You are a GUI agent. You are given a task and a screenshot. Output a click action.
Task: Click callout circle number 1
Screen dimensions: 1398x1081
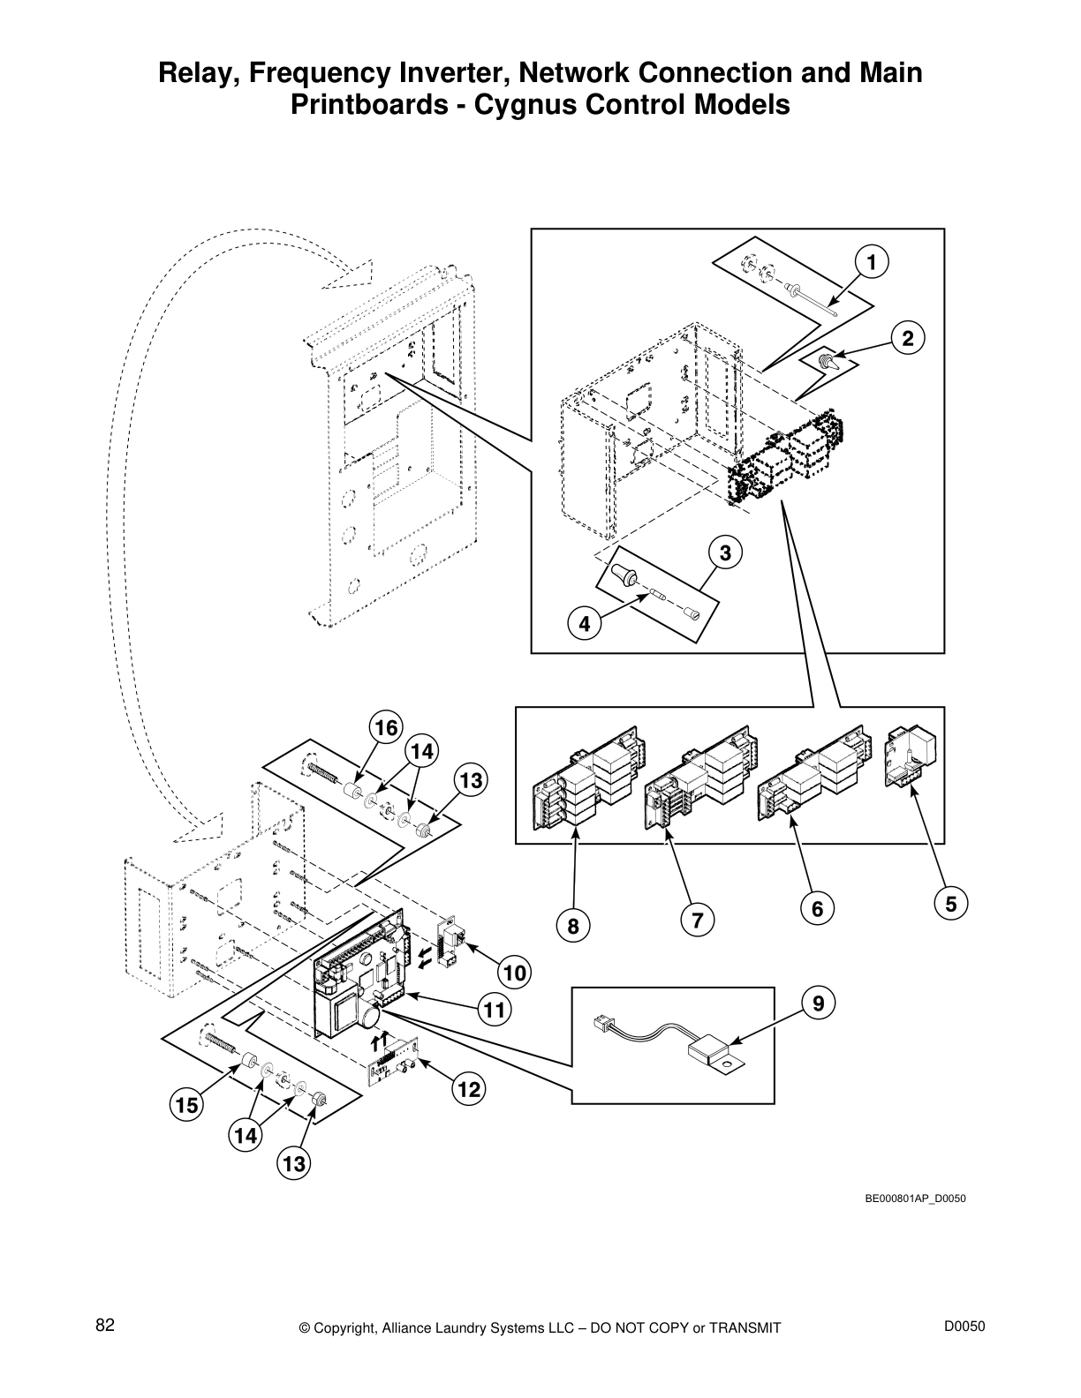(x=871, y=261)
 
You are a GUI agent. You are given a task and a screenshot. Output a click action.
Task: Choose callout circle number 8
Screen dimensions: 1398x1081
(x=573, y=926)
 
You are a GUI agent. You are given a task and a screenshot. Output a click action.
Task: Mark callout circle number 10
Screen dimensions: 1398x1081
(x=515, y=973)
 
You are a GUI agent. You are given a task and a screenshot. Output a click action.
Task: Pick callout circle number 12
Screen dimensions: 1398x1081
(x=468, y=1089)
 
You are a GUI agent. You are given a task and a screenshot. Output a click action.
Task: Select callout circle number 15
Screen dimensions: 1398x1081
(x=186, y=1104)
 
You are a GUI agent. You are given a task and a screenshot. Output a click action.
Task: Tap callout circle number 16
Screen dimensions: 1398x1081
(x=386, y=727)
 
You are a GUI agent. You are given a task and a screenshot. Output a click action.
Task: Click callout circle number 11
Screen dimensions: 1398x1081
(x=495, y=1009)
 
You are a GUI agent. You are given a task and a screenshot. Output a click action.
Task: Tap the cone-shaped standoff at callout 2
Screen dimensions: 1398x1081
(x=828, y=361)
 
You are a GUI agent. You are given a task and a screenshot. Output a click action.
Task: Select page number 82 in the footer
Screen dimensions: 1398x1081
(x=105, y=1325)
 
